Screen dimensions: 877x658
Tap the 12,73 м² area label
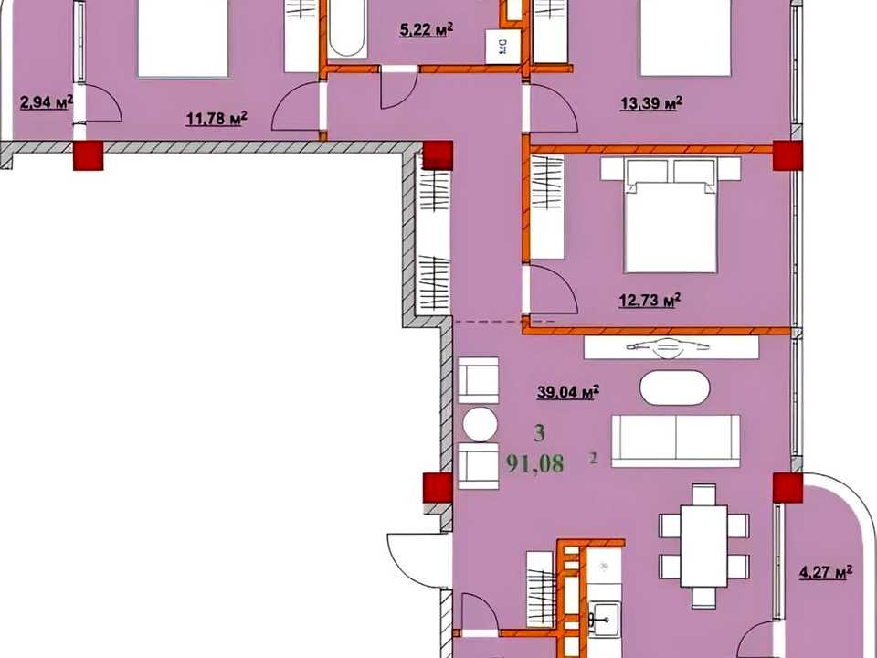point(650,301)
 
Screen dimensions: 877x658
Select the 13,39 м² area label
point(651,103)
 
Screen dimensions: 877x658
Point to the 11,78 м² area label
point(217,118)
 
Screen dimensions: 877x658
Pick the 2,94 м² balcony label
point(47,102)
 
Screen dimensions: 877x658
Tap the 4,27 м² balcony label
point(826,572)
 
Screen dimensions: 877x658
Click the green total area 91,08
point(534,463)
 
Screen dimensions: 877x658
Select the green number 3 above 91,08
point(539,433)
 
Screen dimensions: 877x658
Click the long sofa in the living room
point(676,440)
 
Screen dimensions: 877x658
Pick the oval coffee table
point(674,387)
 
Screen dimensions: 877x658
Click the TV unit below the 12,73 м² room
point(671,347)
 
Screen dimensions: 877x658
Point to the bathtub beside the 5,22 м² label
point(347,28)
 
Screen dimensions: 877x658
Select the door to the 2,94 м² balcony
point(100,103)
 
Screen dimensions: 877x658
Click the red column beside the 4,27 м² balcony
point(787,487)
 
